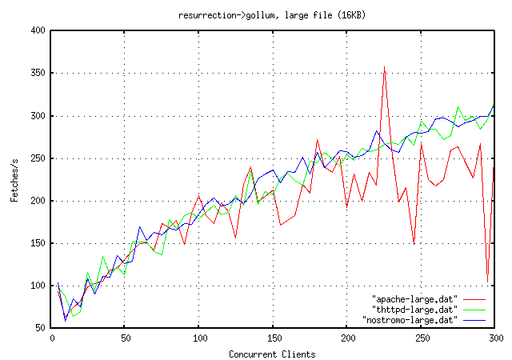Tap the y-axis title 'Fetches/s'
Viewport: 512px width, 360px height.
pos(14,178)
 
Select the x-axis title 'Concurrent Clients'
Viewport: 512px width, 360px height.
pos(272,354)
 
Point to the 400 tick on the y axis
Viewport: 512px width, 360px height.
pos(37,30)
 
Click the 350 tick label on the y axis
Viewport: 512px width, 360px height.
pos(37,73)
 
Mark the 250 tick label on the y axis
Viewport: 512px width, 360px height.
pos(37,158)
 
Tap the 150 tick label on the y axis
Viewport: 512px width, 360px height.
pos(37,243)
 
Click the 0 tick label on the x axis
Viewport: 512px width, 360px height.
pos(51,338)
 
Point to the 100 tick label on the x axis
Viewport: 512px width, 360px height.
pos(198,338)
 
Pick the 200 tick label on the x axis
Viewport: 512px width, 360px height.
pos(347,338)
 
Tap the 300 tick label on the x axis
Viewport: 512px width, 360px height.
pos(494,338)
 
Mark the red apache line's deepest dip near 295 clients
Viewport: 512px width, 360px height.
pos(487,276)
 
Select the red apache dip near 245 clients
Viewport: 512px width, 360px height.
pos(414,243)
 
